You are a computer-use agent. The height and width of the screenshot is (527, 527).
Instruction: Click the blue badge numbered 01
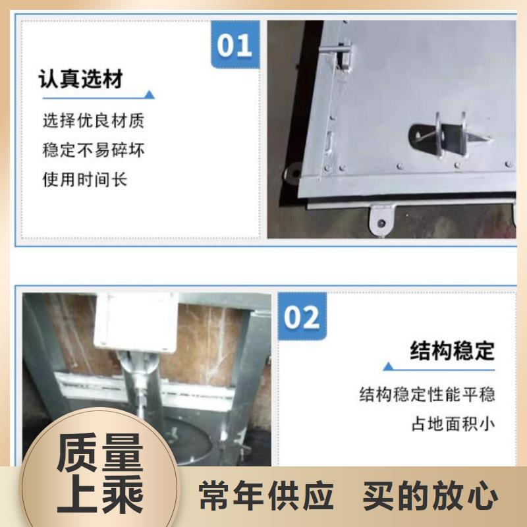tap(235, 44)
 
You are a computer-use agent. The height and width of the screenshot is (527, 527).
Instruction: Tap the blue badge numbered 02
tap(302, 316)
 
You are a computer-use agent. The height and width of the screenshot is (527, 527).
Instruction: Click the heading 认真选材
tap(81, 79)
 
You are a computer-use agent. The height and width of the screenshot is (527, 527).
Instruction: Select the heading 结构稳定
tap(452, 350)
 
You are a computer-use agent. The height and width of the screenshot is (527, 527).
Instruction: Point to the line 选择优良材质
tap(94, 121)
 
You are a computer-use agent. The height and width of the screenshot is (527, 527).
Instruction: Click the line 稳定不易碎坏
tap(94, 150)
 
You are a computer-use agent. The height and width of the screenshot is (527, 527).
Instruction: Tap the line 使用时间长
tap(85, 179)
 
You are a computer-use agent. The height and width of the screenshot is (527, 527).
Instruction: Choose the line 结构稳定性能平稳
tap(427, 394)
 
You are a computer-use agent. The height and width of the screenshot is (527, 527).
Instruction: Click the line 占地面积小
tap(453, 424)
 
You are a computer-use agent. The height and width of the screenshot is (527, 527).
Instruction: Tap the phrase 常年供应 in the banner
tap(266, 496)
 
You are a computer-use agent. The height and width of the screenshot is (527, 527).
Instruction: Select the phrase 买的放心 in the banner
tap(430, 496)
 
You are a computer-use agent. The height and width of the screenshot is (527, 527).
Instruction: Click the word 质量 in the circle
tap(100, 453)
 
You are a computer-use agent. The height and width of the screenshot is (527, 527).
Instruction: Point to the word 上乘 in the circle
tap(100, 493)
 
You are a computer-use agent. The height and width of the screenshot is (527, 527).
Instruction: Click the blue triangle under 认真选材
tap(150, 94)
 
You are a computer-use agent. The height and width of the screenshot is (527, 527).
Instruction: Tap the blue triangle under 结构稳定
tap(389, 366)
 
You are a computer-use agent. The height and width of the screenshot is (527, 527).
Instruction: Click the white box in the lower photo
tap(135, 322)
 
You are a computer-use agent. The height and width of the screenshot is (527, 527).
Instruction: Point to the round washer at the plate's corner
tap(293, 174)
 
